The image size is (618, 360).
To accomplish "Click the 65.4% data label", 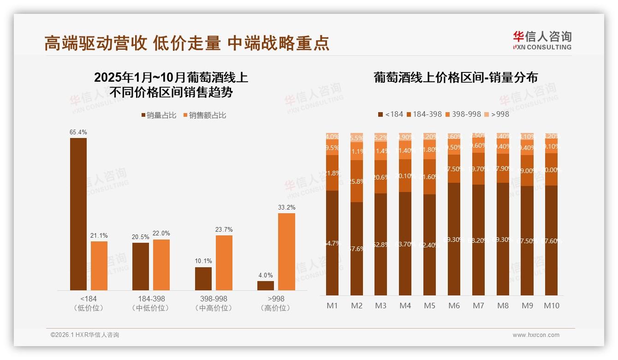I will tap(78, 132).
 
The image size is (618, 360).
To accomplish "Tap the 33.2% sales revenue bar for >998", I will tap(286, 252).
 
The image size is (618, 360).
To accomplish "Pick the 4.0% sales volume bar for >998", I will tap(266, 285).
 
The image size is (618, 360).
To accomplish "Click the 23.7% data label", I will tap(224, 229).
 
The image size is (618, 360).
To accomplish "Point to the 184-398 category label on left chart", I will tap(151, 299).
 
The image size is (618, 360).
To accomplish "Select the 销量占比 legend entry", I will tap(159, 115).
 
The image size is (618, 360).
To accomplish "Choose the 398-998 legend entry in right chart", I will tap(463, 114).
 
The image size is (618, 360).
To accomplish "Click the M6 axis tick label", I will tap(454, 306).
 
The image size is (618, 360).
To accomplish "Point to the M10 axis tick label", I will tap(552, 306).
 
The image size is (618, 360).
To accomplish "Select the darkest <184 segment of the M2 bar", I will tap(357, 248).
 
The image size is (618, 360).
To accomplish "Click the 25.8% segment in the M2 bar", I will tap(357, 181).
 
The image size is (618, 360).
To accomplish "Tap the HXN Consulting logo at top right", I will tap(542, 40).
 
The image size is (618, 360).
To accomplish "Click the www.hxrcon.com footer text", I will tap(536, 335).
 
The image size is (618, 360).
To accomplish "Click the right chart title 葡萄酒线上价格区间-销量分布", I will tap(456, 78).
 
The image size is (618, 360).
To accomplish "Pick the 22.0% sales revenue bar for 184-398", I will tap(161, 264).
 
